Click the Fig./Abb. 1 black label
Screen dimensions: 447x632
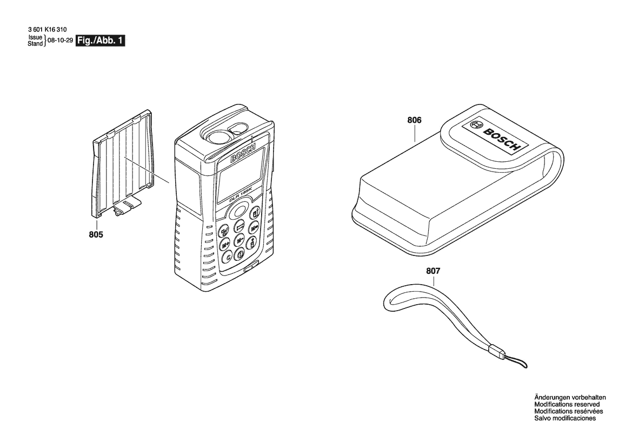click(101, 41)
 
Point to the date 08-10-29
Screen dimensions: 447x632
click(60, 41)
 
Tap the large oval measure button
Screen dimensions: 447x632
click(238, 212)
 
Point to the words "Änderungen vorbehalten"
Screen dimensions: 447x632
click(570, 397)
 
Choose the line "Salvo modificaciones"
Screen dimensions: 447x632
click(565, 418)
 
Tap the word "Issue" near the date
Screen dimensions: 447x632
click(35, 37)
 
